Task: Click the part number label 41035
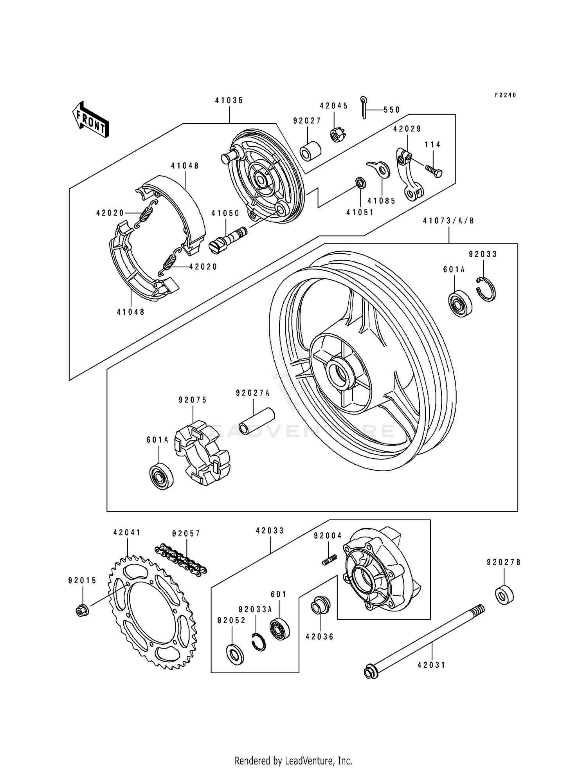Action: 229,101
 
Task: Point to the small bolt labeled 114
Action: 434,171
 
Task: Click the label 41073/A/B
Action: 448,221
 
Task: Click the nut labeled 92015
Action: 82,610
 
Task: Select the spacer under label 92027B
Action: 504,595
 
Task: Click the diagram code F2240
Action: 505,95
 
